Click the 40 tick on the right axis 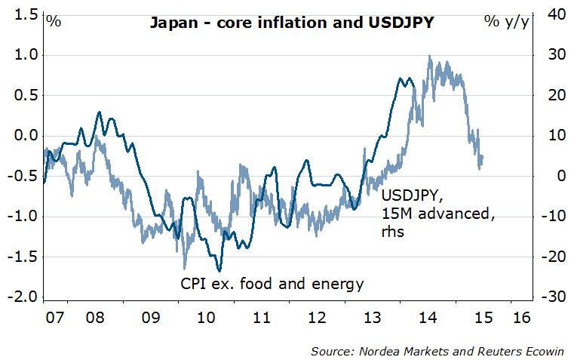(551, 14)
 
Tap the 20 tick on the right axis (551, 95)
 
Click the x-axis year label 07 (53, 315)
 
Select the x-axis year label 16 (520, 315)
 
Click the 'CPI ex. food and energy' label (272, 285)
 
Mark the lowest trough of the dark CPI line (219, 270)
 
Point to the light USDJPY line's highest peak (429, 56)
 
